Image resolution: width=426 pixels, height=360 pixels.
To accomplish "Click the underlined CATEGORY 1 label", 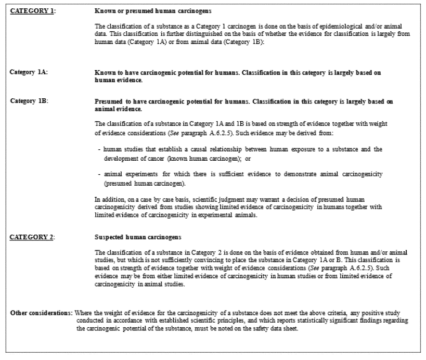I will [32, 11].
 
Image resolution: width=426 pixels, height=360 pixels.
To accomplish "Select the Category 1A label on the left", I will [29, 72].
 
